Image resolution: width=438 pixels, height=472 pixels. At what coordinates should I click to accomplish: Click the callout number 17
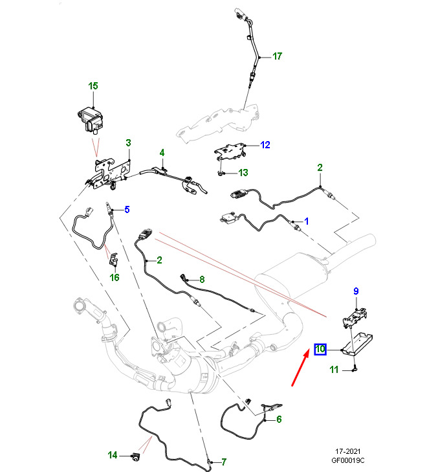point(277,56)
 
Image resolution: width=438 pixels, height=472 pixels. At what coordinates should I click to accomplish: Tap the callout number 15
point(93,86)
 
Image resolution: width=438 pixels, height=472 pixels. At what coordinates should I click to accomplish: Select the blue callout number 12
point(265,145)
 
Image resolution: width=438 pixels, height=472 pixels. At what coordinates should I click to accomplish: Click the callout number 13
point(243,172)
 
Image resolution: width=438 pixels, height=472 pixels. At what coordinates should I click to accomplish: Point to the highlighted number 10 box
point(320,349)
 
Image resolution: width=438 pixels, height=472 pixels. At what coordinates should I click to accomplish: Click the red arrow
point(300,367)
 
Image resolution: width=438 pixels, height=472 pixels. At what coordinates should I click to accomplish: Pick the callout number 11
point(334,369)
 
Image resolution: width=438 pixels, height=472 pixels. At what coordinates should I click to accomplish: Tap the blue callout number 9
point(356,291)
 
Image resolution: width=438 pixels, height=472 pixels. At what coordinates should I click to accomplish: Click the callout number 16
point(115,277)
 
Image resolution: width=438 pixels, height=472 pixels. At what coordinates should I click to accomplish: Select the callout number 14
point(113,455)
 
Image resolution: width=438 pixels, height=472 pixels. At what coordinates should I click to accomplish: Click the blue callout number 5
point(127,209)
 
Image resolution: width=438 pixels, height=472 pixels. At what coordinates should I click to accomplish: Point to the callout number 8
point(202,279)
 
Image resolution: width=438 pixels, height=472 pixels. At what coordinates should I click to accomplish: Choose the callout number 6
point(279,419)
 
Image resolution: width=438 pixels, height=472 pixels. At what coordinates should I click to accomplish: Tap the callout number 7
point(223,462)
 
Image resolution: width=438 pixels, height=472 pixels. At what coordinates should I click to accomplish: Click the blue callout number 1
point(307,221)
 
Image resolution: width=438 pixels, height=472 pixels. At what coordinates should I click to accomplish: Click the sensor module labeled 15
point(90,120)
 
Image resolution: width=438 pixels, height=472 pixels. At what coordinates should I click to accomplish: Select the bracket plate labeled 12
point(230,152)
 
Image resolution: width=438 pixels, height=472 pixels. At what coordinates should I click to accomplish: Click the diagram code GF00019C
point(348,460)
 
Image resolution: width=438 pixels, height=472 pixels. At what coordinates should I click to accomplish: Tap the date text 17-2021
point(348,451)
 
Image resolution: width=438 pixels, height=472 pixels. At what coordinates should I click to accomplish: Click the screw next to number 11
point(355,368)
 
